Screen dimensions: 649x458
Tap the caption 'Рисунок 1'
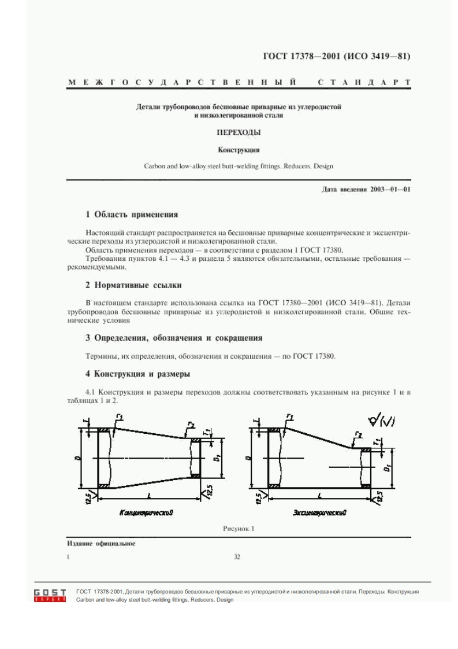(239, 528)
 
